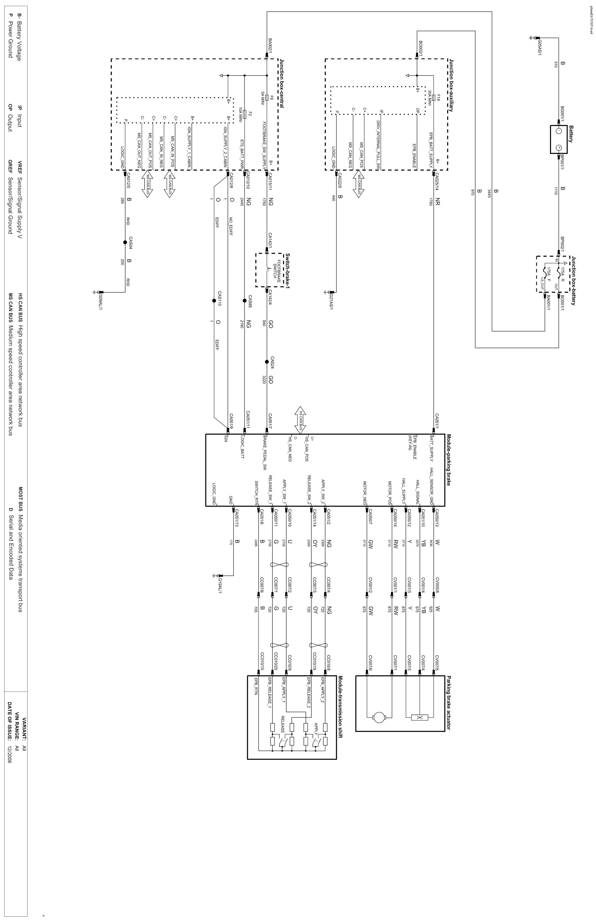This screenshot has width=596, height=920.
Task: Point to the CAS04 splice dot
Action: pyautogui.click(x=125, y=242)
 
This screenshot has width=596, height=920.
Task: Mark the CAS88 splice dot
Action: pyautogui.click(x=244, y=301)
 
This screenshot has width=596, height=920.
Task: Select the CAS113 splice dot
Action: pyautogui.click(x=213, y=301)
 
